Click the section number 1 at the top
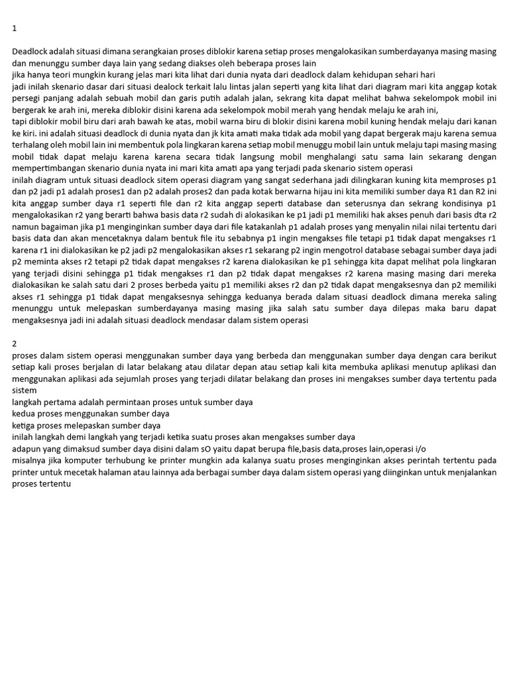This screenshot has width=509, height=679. tap(15, 29)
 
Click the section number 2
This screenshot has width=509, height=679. tap(15, 343)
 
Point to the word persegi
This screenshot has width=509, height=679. tap(27, 98)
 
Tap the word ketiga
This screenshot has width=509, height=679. tap(25, 426)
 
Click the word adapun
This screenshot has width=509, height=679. tap(28, 449)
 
